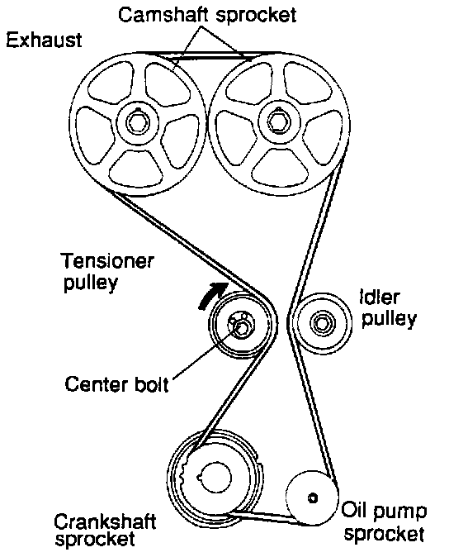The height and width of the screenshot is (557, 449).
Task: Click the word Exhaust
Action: coord(44,40)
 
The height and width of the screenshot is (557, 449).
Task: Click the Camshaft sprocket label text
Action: coord(207,16)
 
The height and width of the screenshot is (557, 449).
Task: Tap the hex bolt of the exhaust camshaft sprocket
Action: coord(137,122)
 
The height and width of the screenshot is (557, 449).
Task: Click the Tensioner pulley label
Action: coord(108,272)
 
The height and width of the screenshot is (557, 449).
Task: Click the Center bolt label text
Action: coord(116,384)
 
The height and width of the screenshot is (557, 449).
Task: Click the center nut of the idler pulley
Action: coord(322,323)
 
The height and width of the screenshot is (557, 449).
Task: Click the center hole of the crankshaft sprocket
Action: coord(214,477)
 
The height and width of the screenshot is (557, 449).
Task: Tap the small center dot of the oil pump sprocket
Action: coord(313,497)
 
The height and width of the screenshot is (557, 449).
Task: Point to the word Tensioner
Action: coord(108,261)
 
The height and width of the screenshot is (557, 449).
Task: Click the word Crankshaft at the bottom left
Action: coord(105,521)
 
